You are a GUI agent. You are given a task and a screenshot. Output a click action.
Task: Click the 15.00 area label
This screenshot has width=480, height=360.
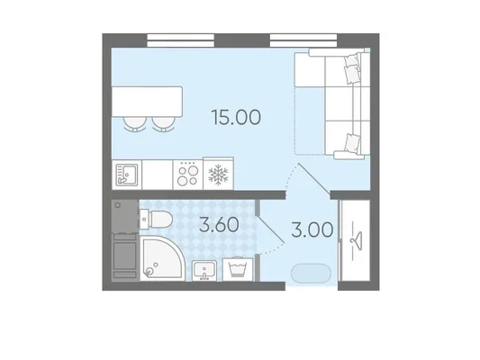pyautogui.click(x=236, y=118)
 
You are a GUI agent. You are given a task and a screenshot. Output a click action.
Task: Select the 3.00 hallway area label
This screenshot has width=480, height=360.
pyautogui.click(x=312, y=229)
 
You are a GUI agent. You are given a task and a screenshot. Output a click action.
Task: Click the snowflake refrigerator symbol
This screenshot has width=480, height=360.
pyautogui.click(x=218, y=175)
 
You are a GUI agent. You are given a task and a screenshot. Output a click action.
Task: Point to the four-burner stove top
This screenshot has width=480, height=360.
pyautogui.click(x=187, y=175)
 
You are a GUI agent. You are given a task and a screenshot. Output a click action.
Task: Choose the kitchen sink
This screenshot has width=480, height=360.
pyautogui.click(x=127, y=175)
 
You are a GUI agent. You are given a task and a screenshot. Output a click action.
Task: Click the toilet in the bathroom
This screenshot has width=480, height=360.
pyautogui.click(x=156, y=220)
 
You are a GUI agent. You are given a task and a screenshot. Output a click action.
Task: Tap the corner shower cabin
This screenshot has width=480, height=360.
pyautogui.click(x=162, y=260)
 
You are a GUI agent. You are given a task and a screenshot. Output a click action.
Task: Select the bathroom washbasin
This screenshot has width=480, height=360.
pyautogui.click(x=204, y=271)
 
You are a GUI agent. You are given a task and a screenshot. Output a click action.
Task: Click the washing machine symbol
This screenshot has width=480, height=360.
pyautogui.click(x=238, y=269)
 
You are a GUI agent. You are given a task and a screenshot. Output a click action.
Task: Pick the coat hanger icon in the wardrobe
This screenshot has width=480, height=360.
pyautogui.click(x=357, y=239)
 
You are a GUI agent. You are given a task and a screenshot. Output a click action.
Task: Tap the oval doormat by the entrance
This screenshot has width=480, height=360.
pyautogui.click(x=311, y=273)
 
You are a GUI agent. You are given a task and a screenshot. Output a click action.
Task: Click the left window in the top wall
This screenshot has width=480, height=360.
pyautogui.click(x=181, y=40)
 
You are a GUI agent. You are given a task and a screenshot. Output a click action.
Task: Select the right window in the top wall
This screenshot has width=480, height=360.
pyautogui.click(x=303, y=40)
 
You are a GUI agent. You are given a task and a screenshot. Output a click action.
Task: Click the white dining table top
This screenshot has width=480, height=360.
pyautogui.click(x=148, y=102)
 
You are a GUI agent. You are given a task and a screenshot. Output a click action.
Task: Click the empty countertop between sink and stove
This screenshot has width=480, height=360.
pyautogui.click(x=158, y=175)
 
